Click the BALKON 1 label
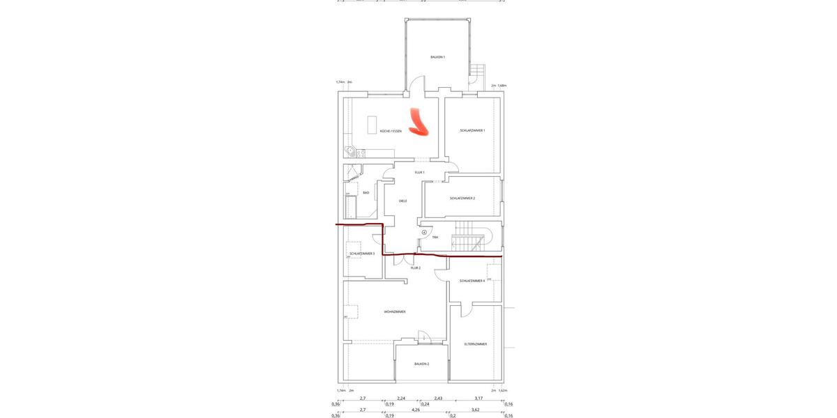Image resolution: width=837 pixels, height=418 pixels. pos(437,57)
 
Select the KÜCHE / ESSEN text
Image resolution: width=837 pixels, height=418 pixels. pos(391,131)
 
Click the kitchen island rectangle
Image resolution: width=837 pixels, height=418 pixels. pos(372,125)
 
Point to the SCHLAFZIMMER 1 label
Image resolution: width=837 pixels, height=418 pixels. pos(472,130)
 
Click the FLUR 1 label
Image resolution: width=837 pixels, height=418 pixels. pos(419,172)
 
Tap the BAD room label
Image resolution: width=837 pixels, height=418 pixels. pos(365,192)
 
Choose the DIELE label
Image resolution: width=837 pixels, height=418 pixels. pos(402,201)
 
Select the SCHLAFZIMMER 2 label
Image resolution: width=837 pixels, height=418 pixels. pos(462,198)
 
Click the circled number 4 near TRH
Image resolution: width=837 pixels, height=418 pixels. pos(424,232)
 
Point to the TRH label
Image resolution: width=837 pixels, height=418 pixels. pos(435,238)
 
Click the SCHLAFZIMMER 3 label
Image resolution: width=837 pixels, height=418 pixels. pos(362,254)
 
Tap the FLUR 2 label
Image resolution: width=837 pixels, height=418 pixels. pos(415,268)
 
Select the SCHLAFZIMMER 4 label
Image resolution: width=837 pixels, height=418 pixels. pos(472,281)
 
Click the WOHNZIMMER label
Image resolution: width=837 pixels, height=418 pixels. pos(395,311)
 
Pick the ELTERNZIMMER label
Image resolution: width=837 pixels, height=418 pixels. pos(476,344)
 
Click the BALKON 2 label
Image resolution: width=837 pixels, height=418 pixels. pos(421,364)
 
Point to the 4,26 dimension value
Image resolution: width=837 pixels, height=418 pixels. pos(416,410)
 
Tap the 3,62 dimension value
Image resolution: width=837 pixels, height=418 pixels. pos(475,410)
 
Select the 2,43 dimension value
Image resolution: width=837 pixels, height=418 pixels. pos(438,398)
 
